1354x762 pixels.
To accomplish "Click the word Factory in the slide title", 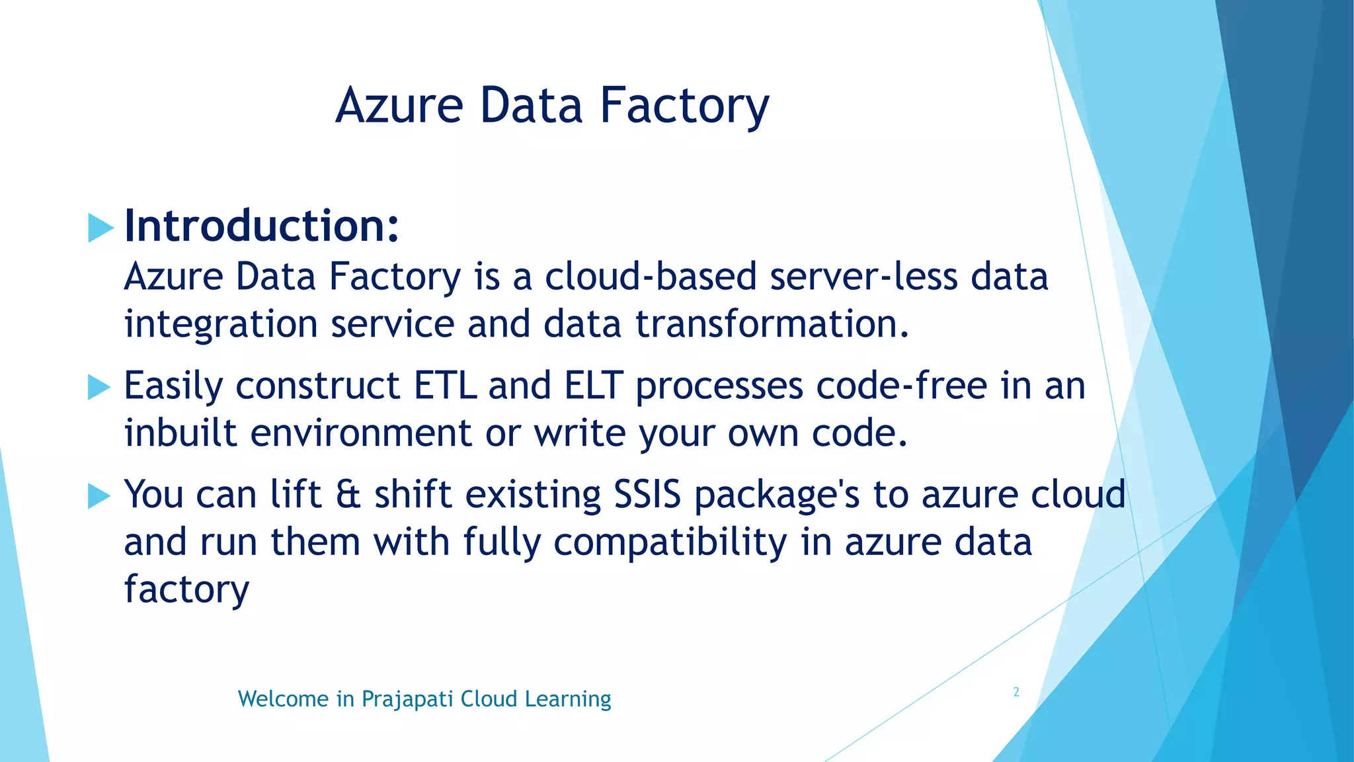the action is [684, 106].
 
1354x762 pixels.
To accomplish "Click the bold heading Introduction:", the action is [262, 226].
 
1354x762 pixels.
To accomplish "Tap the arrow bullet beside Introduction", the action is [100, 228].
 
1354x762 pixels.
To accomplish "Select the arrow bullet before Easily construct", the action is [99, 387].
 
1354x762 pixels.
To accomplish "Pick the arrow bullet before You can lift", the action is [99, 495].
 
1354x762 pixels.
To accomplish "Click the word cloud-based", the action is [651, 276].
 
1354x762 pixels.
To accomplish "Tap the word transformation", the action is [772, 324].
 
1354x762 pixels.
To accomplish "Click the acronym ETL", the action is [445, 386].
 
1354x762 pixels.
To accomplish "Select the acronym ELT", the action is [594, 386].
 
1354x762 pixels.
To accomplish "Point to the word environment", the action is [361, 433].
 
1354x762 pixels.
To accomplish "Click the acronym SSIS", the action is [647, 495].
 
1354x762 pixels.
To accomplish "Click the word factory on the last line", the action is [186, 589].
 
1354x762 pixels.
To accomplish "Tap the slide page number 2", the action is [1016, 693].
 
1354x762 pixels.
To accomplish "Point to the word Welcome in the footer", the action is [283, 699].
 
